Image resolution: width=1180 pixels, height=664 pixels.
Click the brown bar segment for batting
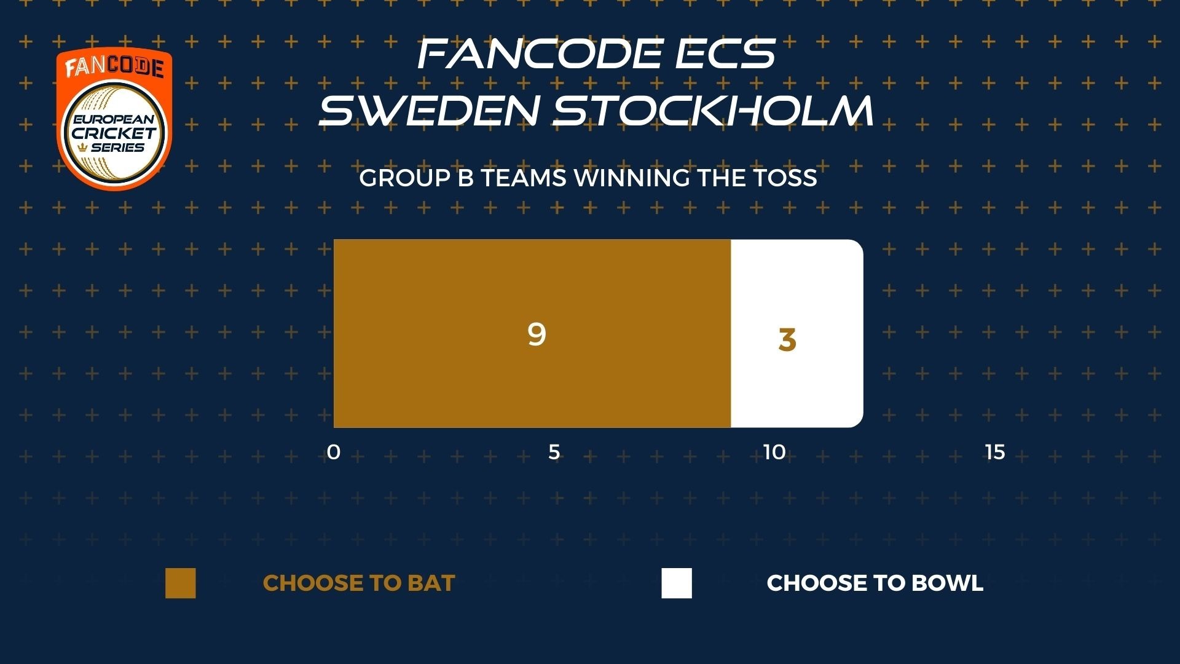point(532,333)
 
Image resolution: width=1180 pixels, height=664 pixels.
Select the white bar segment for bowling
point(797,333)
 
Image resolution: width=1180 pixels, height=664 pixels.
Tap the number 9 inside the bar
point(537,334)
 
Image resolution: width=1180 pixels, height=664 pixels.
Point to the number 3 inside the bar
point(787,340)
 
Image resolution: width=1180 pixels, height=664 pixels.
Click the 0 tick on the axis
point(334,453)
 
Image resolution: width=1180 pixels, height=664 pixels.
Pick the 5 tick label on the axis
point(554,453)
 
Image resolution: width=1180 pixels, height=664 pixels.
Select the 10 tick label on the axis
point(774,453)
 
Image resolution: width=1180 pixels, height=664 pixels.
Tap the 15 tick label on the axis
point(995,453)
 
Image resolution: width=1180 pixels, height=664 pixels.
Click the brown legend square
point(181,583)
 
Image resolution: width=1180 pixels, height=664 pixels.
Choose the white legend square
point(677,583)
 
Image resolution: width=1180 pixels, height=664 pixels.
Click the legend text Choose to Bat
point(359,583)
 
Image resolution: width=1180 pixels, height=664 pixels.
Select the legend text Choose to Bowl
point(875,583)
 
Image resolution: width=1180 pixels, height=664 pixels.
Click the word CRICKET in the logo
point(114,133)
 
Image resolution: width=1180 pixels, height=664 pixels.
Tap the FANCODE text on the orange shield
point(114,67)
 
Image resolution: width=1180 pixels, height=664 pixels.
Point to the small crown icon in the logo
point(84,148)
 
